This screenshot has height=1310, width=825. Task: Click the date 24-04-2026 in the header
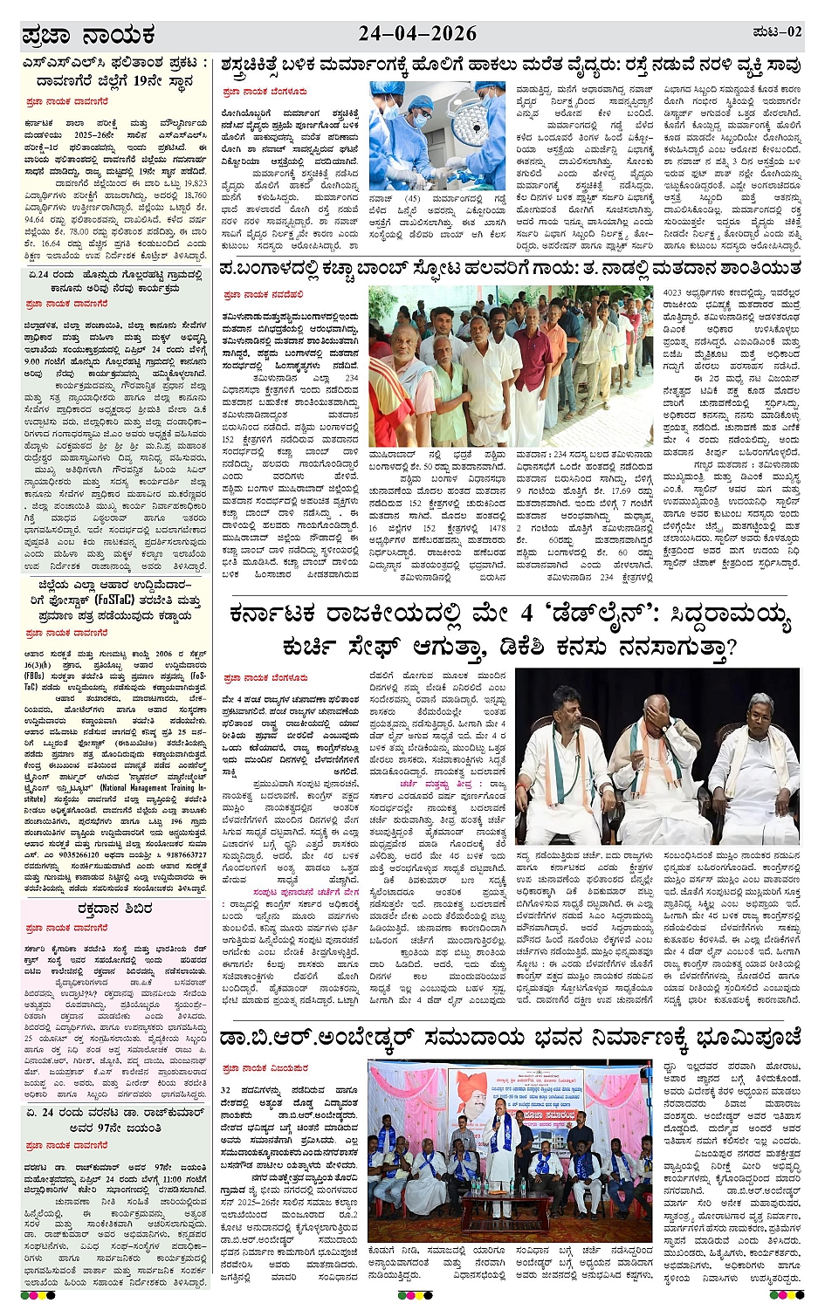tap(417, 34)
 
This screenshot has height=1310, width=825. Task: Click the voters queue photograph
tap(510, 367)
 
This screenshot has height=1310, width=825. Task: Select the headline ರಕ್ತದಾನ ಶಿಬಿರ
tap(114, 909)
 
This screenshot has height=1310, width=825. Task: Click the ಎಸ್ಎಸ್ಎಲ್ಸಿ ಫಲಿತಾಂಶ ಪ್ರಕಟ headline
tap(115, 72)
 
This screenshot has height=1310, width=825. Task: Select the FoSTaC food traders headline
tap(115, 600)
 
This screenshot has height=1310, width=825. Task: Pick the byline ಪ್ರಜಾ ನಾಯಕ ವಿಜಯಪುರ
tap(265, 1068)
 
